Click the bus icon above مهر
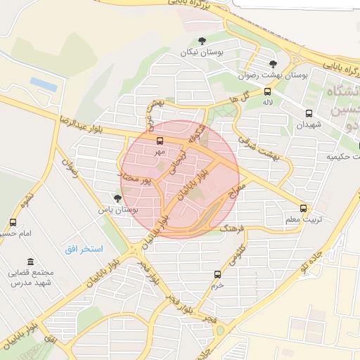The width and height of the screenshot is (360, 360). coord(160,141)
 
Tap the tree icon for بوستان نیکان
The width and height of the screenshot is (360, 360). coord(202,41)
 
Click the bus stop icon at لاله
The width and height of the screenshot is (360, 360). coord(267,91)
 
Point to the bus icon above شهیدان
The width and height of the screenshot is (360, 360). coord(309,113)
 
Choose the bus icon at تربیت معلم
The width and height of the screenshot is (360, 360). coord(304,209)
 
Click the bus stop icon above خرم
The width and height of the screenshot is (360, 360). coord(217,274)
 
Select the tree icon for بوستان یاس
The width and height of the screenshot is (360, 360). coord(117,198)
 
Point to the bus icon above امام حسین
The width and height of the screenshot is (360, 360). coord(12,222)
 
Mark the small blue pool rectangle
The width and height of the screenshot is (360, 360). coord(44,84)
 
